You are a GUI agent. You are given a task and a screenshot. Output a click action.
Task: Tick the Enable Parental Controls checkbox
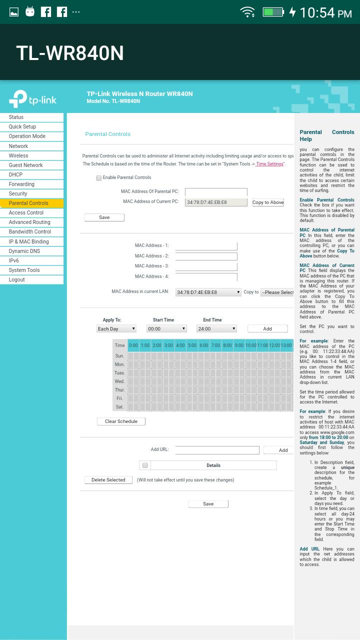click(x=99, y=178)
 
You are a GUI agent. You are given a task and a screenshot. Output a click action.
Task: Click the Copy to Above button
click(x=268, y=202)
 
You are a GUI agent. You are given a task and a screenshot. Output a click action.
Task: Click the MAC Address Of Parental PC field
click(x=216, y=192)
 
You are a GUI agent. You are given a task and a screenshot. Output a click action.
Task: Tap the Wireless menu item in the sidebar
click(x=18, y=155)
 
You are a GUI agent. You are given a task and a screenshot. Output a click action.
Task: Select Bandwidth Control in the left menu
click(x=30, y=231)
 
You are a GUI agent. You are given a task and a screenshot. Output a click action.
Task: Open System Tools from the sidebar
click(x=24, y=270)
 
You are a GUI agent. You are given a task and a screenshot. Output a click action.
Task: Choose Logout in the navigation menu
click(x=16, y=279)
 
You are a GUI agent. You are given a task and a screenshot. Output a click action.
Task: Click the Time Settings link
click(x=269, y=164)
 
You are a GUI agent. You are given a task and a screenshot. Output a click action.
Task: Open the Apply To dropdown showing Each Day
click(x=116, y=328)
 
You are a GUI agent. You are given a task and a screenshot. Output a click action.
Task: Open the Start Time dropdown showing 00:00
click(x=166, y=328)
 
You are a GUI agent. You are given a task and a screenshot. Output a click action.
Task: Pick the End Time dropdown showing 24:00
click(x=216, y=328)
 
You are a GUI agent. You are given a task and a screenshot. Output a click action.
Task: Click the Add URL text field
click(x=217, y=450)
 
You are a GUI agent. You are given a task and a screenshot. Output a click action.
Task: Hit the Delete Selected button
click(x=108, y=480)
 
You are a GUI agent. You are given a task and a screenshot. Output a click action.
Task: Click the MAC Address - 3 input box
click(x=206, y=266)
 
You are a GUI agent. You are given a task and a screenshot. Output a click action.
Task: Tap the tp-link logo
click(x=33, y=98)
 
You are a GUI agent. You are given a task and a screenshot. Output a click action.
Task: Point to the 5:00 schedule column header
click(x=192, y=345)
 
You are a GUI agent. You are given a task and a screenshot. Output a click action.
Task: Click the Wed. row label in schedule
click(x=119, y=381)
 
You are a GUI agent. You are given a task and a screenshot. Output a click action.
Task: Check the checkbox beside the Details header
click(x=145, y=465)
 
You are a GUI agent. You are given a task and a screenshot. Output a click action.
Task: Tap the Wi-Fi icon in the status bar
click(x=247, y=12)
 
